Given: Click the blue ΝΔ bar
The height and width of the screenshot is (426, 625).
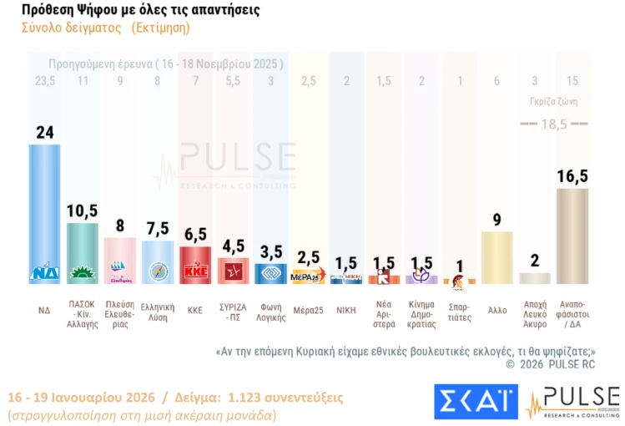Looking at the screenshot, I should coord(44,209).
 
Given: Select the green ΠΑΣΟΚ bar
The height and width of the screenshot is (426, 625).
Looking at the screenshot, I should coord(82,251).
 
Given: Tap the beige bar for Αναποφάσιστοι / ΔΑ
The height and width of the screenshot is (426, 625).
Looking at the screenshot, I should coord(572,234).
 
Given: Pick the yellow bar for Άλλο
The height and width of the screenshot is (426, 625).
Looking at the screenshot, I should coord(497,257).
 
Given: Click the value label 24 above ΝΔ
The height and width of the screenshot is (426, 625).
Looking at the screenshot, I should coord(45,132).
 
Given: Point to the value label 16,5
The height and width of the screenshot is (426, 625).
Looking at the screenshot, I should coord(572,175).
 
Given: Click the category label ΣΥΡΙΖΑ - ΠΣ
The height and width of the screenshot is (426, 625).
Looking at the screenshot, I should coord(233,309).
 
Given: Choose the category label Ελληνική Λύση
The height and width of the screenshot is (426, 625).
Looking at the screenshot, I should coord(157,312).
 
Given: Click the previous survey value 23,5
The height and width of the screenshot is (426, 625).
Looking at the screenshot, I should coord(44,81).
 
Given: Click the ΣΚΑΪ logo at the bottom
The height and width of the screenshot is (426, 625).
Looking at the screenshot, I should coord(476,402).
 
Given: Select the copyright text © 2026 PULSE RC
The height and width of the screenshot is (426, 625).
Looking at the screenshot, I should coord(550,364).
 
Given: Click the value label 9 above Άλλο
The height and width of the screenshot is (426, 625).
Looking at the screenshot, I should coord(497,219).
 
